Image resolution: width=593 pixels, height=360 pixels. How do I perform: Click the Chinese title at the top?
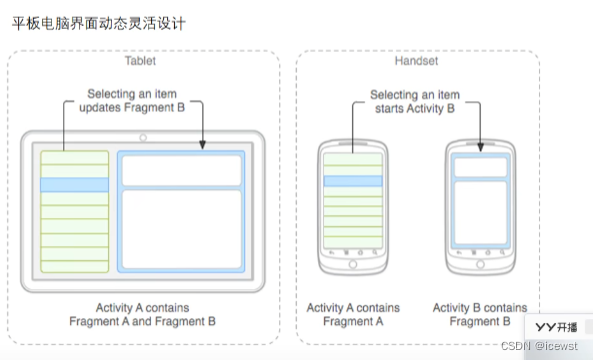tap(99, 23)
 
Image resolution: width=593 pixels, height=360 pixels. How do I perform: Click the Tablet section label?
tap(140, 61)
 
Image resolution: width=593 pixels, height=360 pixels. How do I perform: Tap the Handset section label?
tap(416, 61)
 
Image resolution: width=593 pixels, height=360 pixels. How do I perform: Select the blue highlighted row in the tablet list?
tap(75, 185)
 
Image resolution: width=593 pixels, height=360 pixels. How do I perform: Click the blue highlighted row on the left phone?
tap(353, 181)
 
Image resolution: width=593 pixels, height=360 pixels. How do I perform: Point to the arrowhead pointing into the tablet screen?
tap(203, 145)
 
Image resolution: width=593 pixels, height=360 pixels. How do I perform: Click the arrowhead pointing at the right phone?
tap(481, 147)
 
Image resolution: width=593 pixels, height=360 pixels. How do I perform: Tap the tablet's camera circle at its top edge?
tap(143, 138)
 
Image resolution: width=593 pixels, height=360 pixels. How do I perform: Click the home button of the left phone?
tap(353, 264)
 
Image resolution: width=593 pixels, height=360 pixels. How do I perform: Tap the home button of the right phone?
tap(480, 264)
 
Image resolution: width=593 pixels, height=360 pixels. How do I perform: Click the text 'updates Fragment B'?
tap(132, 107)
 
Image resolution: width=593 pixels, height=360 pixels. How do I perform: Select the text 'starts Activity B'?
tap(415, 109)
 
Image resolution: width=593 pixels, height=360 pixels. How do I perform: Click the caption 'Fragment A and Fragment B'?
tap(142, 321)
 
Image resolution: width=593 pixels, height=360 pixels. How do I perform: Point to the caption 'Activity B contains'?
tap(480, 308)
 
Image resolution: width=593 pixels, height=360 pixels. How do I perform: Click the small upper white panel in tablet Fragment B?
tap(182, 171)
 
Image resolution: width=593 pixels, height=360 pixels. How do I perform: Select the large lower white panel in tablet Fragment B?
tap(182, 229)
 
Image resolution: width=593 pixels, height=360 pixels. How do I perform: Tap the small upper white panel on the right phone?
tap(480, 167)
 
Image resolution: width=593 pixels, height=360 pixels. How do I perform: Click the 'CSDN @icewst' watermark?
tap(539, 346)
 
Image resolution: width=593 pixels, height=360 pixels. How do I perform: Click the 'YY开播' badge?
tap(556, 327)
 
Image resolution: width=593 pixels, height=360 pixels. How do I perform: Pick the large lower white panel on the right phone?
tap(480, 213)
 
